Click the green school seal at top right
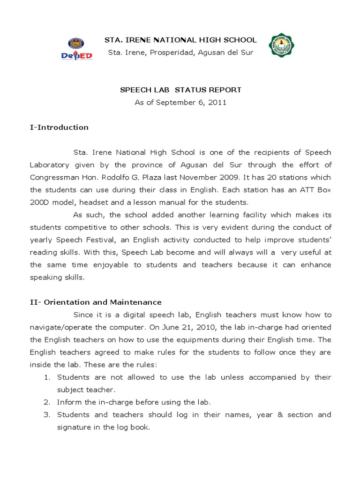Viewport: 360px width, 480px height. click(x=283, y=47)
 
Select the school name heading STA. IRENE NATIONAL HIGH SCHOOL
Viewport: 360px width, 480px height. click(x=180, y=40)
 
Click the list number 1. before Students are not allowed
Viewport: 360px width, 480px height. click(x=47, y=377)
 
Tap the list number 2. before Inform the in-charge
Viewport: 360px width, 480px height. click(x=47, y=402)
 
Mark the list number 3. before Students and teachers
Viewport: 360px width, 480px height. click(x=47, y=415)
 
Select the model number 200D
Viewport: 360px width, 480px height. click(x=40, y=202)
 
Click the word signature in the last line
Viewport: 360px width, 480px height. click(x=74, y=427)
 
